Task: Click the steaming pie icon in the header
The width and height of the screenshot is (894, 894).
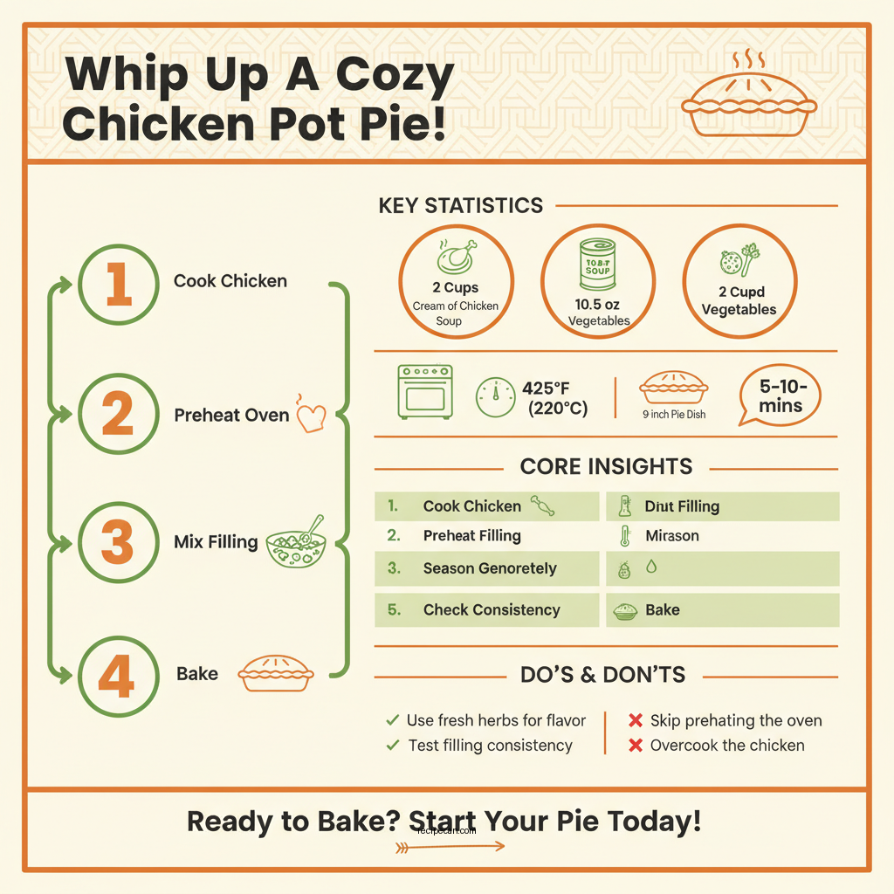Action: point(749,101)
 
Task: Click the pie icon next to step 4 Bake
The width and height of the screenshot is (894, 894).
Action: point(276,673)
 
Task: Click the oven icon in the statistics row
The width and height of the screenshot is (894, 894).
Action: point(425,391)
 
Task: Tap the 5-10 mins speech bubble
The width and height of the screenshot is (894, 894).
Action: point(781,396)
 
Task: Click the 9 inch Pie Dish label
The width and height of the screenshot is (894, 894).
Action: point(673,414)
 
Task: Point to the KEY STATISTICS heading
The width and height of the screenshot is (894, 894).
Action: point(460,206)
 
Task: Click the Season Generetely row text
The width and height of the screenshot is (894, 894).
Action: point(489,568)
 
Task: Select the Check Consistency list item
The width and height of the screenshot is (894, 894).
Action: point(492,610)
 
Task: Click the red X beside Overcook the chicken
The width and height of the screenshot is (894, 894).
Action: point(636,746)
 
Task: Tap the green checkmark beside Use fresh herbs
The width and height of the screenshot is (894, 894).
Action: point(393,720)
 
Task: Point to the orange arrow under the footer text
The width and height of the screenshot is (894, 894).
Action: point(450,846)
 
